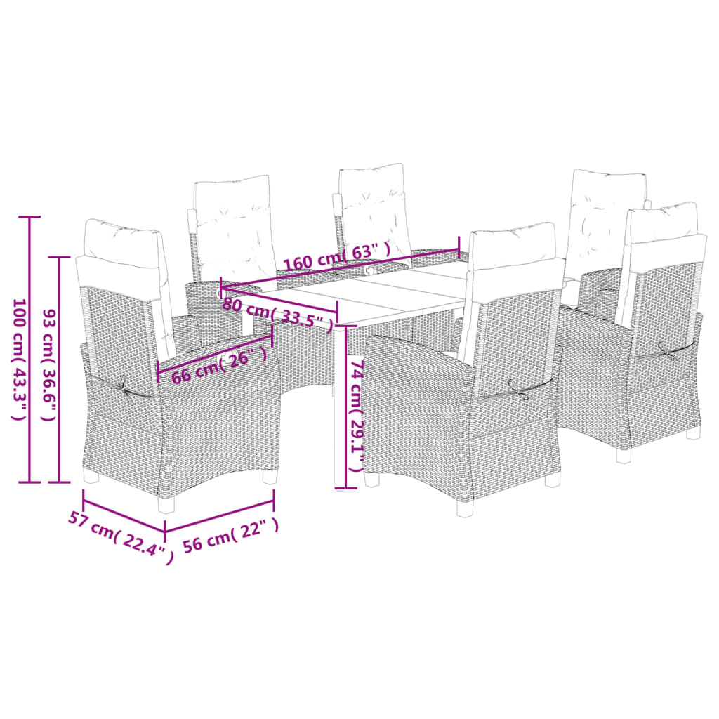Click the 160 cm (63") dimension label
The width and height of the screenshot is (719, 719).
pos(338,258)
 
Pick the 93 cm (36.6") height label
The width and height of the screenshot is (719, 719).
pos(49,365)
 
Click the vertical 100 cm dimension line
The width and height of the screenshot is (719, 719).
pos(30,350)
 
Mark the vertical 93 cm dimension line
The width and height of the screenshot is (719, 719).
pos(59,369)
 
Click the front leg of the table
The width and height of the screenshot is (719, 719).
pos(339,408)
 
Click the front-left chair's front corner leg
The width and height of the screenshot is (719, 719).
pos(167,504)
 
